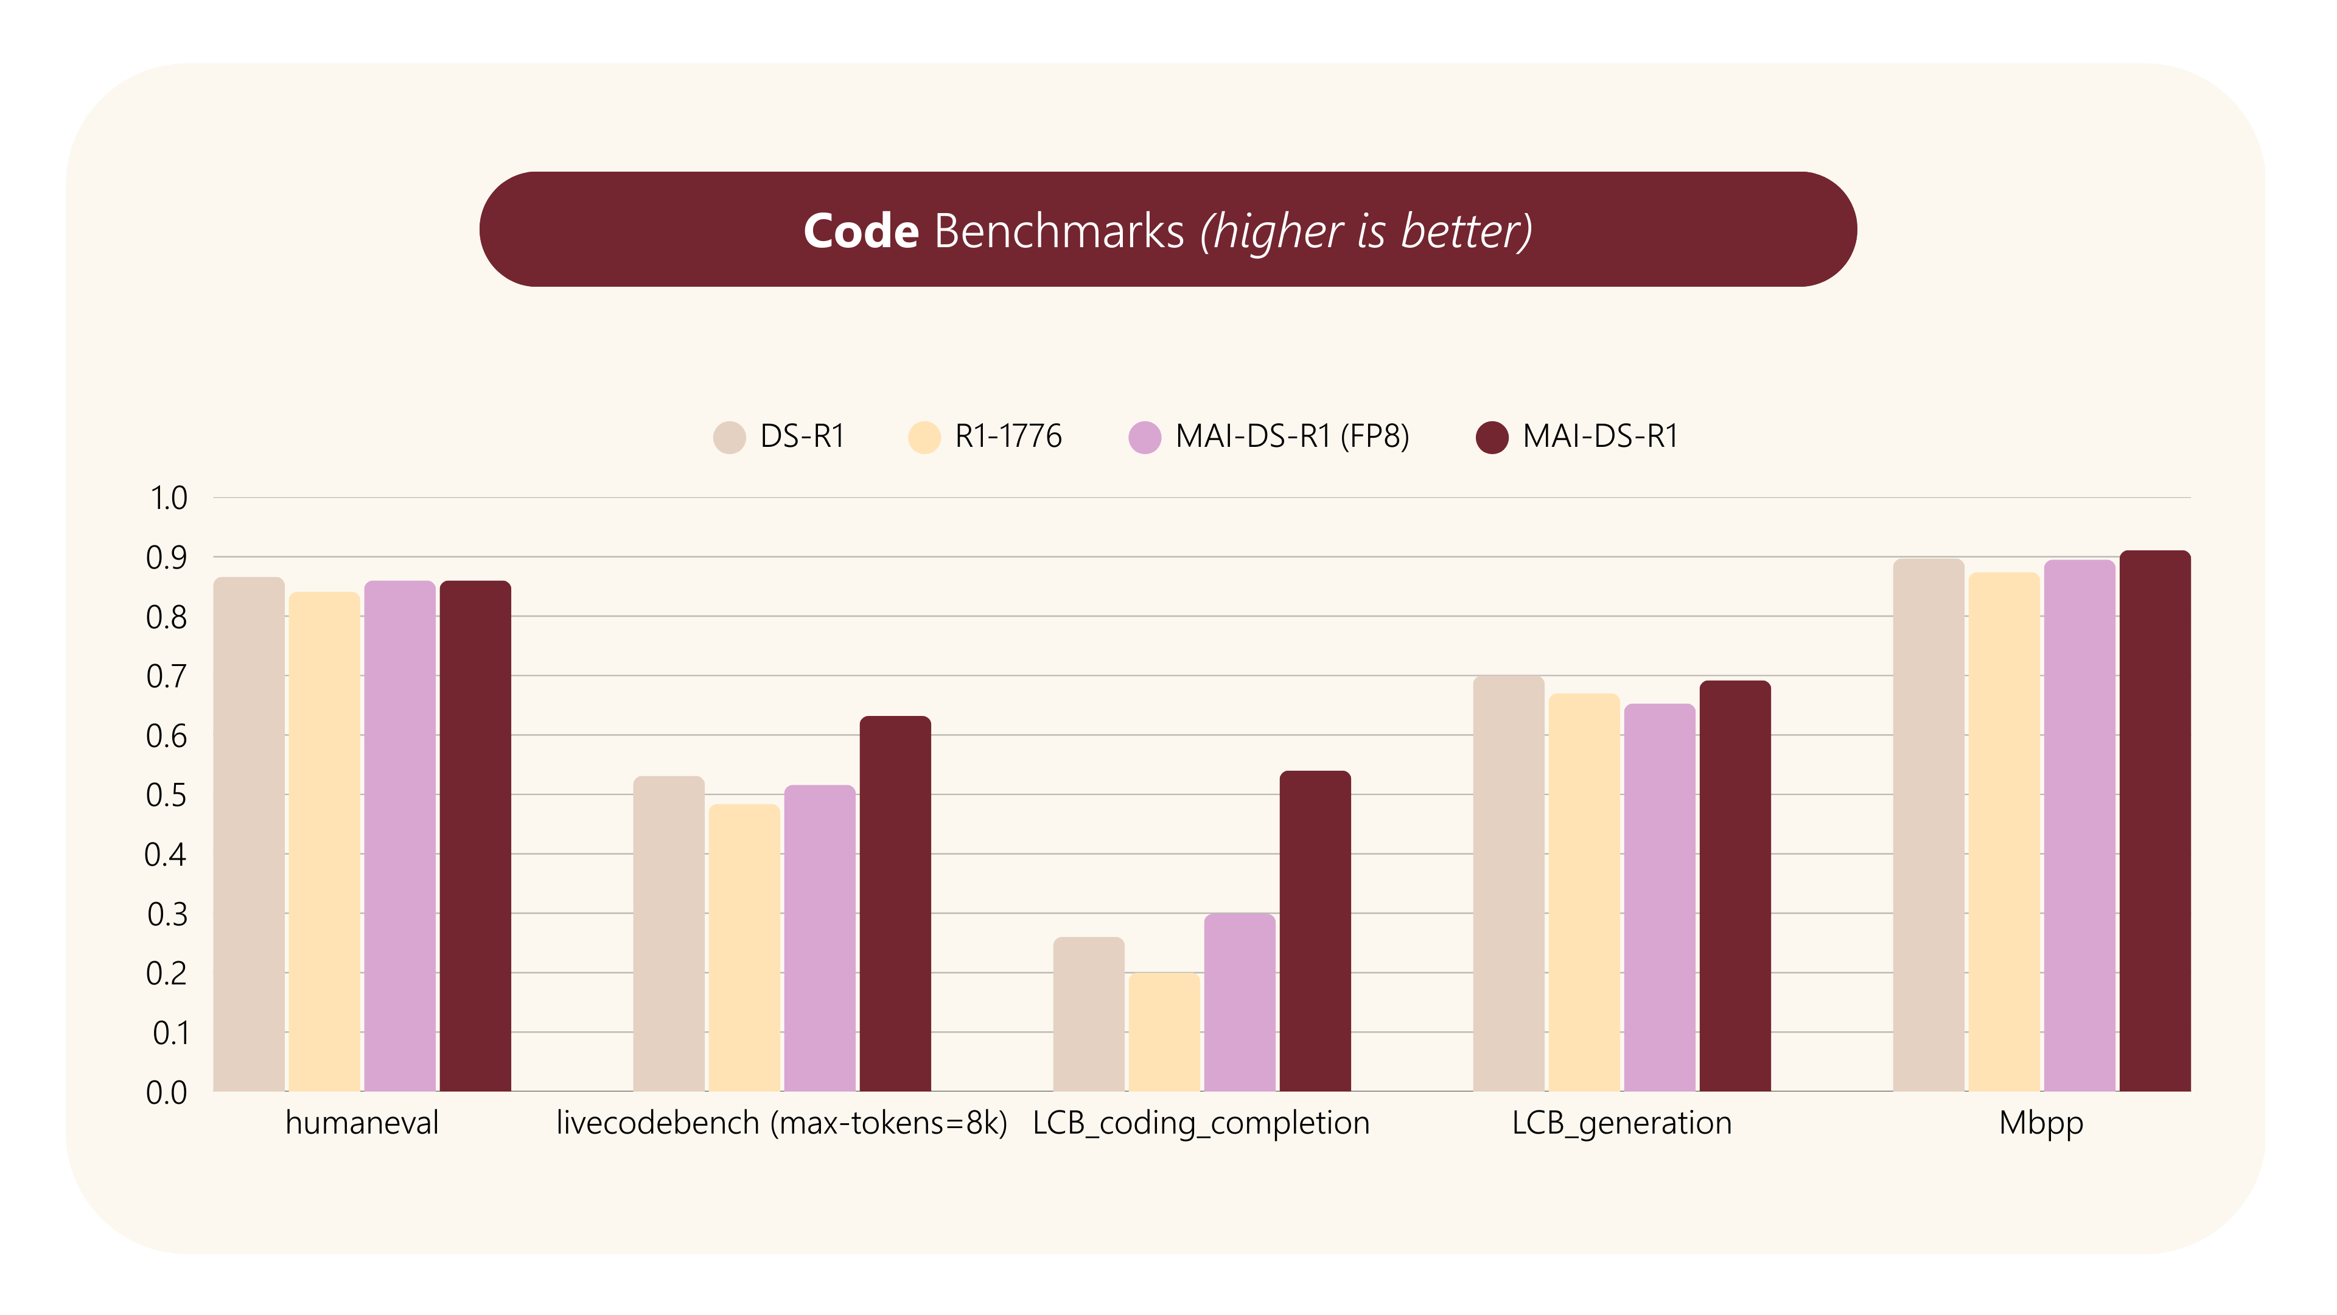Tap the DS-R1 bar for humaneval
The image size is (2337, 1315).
pyautogui.click(x=248, y=834)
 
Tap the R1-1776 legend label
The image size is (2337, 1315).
pyautogui.click(x=1008, y=437)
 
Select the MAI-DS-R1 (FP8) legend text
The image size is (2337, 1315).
pyautogui.click(x=1292, y=437)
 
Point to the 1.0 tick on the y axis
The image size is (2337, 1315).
pyautogui.click(x=168, y=498)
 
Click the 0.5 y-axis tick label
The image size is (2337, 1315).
pyautogui.click(x=166, y=795)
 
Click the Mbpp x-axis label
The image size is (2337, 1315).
pyautogui.click(x=2041, y=1123)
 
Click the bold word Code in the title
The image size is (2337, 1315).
pyautogui.click(x=860, y=231)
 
